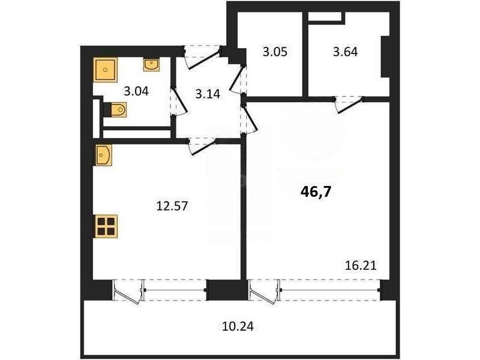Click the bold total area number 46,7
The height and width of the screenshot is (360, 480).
click(x=316, y=192)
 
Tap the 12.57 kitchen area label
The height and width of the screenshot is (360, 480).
click(x=172, y=206)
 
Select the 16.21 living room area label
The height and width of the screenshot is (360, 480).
click(x=361, y=265)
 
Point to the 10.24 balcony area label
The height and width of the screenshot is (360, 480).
click(x=238, y=326)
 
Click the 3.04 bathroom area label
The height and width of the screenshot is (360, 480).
click(x=136, y=91)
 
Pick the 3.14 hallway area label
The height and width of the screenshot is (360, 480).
click(x=208, y=94)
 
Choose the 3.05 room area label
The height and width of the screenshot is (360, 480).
click(x=275, y=52)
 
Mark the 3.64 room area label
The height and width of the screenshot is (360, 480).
click(x=346, y=52)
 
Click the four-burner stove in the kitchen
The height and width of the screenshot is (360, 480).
click(x=106, y=226)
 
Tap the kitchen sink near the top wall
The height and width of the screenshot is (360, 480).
click(x=103, y=155)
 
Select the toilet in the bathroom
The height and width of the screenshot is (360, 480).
click(x=115, y=109)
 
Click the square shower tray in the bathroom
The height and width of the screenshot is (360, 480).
click(x=106, y=70)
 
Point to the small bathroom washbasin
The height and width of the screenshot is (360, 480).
click(x=151, y=65)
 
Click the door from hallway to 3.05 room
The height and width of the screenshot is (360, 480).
click(x=237, y=80)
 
